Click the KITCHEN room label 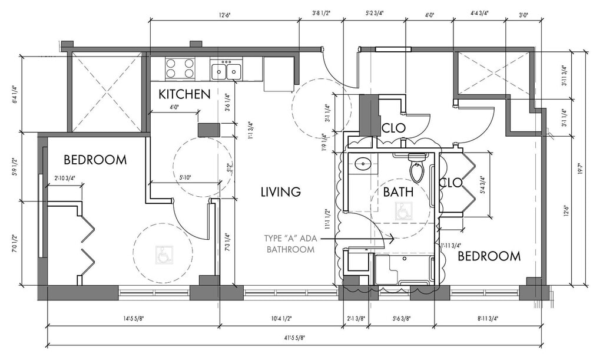(184, 94)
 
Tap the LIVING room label (281, 192)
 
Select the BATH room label (398, 192)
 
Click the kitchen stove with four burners (180, 68)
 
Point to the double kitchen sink (227, 71)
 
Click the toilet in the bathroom (417, 167)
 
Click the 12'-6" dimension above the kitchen (223, 15)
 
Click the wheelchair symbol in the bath (403, 212)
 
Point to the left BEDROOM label (95, 160)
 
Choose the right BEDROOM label (489, 256)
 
